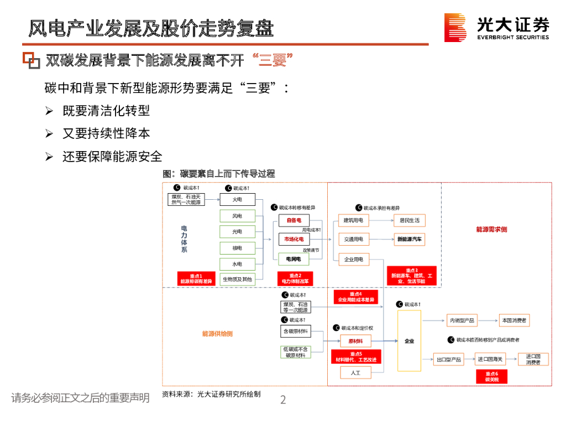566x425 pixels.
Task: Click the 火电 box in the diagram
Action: tap(237, 199)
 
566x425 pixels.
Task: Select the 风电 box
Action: tap(237, 216)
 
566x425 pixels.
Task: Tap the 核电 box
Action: tap(237, 248)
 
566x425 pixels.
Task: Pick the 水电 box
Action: tap(237, 264)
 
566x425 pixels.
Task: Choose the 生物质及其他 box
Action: tap(237, 279)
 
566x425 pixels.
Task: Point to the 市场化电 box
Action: tap(294, 239)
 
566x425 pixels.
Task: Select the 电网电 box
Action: tap(294, 258)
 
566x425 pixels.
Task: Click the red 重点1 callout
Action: tap(196, 278)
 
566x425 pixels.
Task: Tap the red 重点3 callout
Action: tap(412, 275)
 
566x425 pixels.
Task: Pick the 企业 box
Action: tap(409, 341)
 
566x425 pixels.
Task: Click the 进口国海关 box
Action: tap(490, 359)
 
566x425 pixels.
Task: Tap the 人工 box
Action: tap(355, 372)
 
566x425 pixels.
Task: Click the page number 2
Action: tap(283, 400)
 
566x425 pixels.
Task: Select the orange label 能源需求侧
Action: tap(491, 229)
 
